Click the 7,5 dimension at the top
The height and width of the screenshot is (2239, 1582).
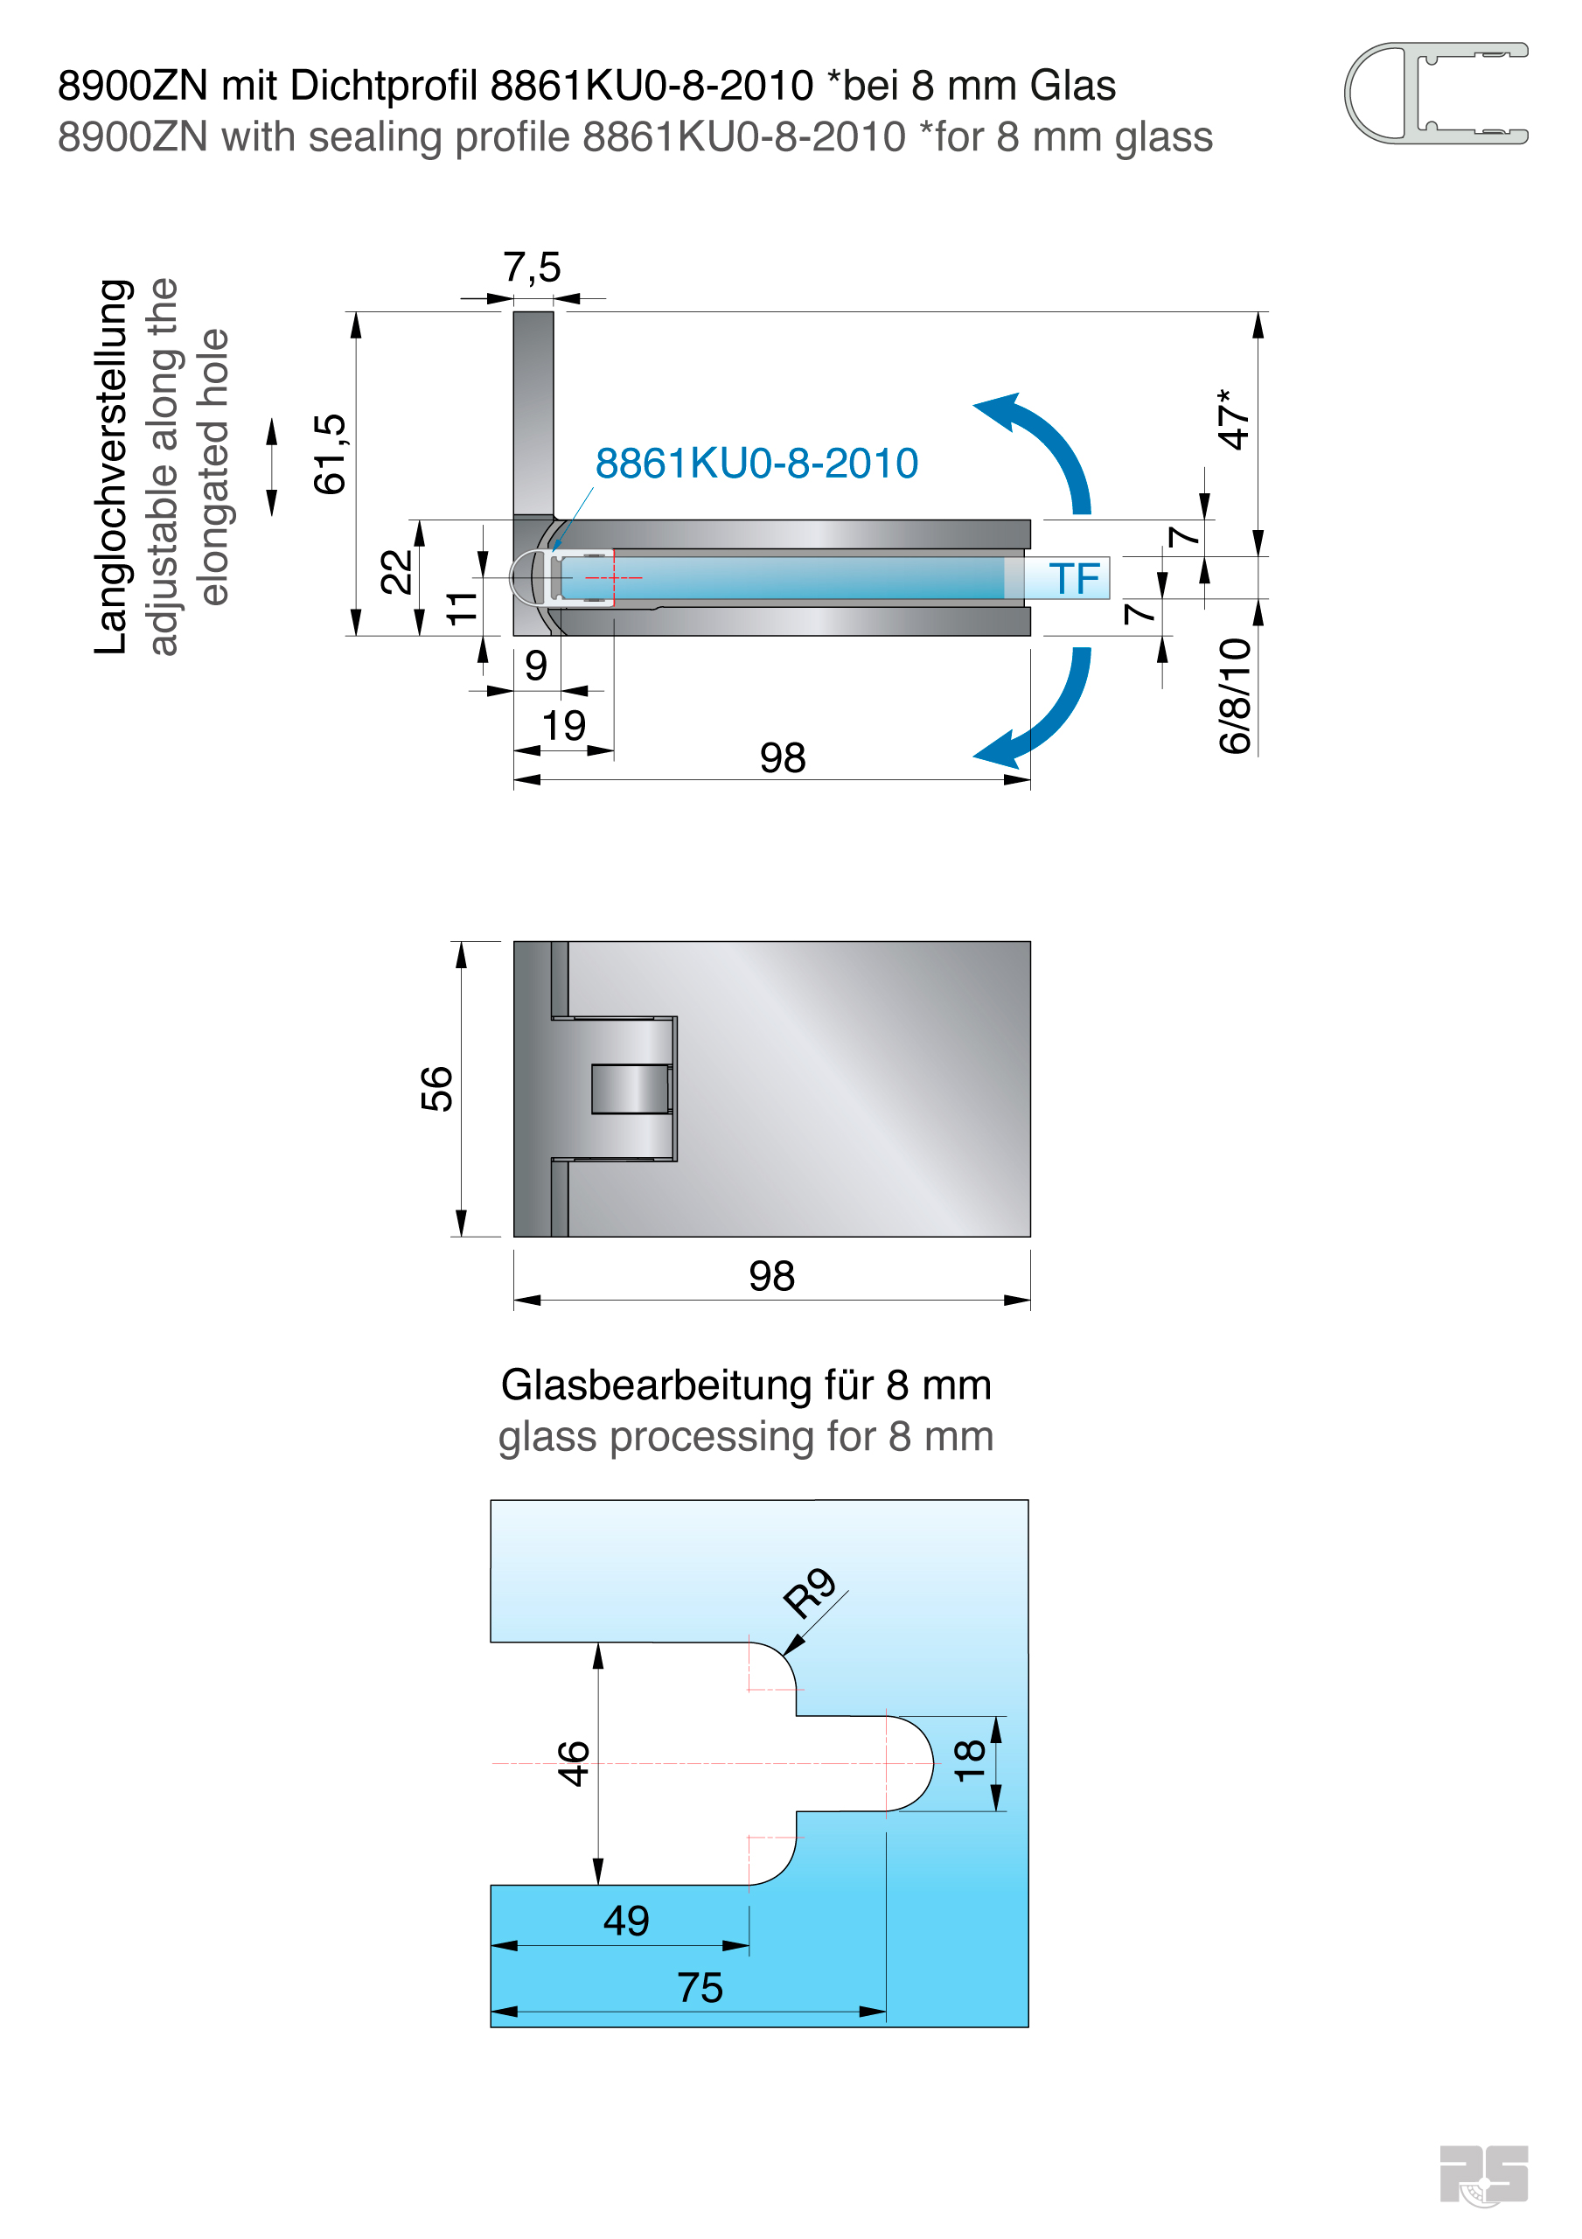click(x=532, y=268)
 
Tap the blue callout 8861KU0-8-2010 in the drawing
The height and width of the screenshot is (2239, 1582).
click(x=756, y=464)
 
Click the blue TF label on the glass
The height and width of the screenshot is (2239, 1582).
click(x=1074, y=579)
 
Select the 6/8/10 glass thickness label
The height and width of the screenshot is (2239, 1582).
click(x=1235, y=695)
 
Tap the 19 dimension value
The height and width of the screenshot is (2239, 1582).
click(x=564, y=727)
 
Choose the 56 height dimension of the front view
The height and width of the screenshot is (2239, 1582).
click(x=437, y=1088)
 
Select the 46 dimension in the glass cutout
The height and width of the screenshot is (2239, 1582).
click(x=574, y=1763)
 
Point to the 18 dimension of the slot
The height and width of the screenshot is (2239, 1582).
click(x=970, y=1761)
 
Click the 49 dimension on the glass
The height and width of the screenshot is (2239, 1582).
click(x=625, y=1922)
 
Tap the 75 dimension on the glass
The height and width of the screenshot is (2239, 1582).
click(x=700, y=1988)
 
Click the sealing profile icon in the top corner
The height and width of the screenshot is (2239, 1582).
click(x=1435, y=94)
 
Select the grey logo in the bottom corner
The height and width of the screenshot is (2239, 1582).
click(x=1482, y=2174)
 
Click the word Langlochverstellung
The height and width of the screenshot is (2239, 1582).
click(x=112, y=467)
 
